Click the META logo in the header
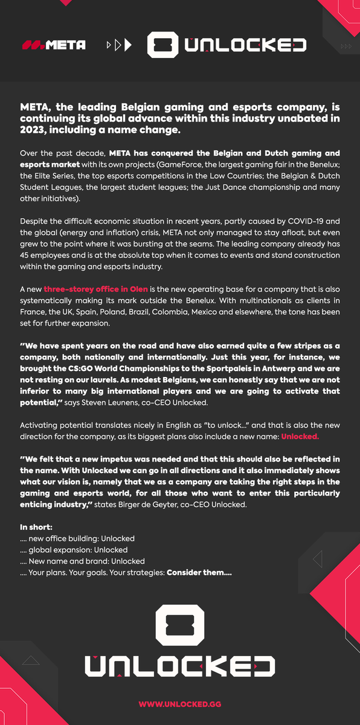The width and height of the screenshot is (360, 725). point(54,45)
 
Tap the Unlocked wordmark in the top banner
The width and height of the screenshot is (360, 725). point(245,45)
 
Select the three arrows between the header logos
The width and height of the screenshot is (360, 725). point(118,45)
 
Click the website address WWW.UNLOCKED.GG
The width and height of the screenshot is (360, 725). point(179,704)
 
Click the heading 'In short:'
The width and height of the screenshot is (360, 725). point(36,527)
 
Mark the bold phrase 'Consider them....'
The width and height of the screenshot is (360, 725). point(199,573)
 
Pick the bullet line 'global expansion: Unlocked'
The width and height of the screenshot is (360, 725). point(78,550)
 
